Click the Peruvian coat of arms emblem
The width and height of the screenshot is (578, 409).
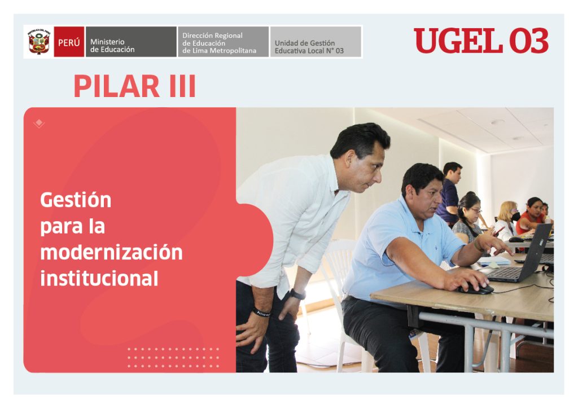39,42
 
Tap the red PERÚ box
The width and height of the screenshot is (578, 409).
69,42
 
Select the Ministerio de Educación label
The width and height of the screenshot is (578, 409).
112,46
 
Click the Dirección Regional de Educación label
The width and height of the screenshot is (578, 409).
219,43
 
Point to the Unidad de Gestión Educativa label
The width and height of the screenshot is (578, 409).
309,47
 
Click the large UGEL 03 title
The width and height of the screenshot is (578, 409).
481,41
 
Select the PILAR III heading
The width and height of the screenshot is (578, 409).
134,86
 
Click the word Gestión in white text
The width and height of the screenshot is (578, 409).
76,200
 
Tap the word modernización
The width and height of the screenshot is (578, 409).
111,252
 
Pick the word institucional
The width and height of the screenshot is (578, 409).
99,278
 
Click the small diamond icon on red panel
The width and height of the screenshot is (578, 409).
39,123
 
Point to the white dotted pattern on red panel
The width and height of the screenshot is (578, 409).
173,358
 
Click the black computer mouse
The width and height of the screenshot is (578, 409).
476,288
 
